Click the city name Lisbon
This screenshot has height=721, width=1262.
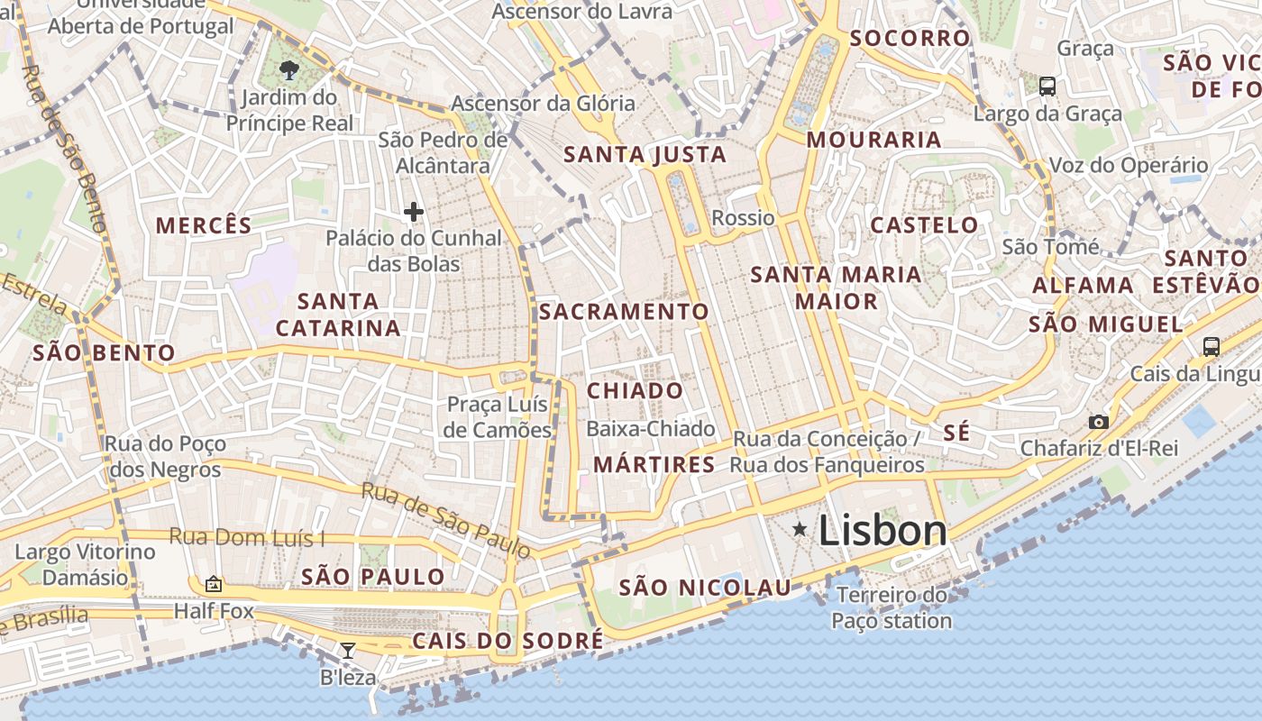pyautogui.click(x=882, y=530)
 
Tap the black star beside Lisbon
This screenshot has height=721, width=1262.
pyautogui.click(x=800, y=530)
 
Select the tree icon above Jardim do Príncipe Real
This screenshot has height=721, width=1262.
pyautogui.click(x=288, y=69)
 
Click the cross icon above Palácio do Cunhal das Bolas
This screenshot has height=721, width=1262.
pyautogui.click(x=414, y=212)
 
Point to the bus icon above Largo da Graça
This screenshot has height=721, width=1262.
pyautogui.click(x=1047, y=87)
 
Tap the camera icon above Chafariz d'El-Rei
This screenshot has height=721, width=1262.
pyautogui.click(x=1098, y=422)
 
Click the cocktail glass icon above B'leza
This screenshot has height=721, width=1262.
pyautogui.click(x=347, y=650)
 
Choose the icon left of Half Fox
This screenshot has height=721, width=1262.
pyautogui.click(x=214, y=585)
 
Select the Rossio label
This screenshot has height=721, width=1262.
pyautogui.click(x=743, y=218)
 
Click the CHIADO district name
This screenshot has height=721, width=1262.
pyautogui.click(x=636, y=391)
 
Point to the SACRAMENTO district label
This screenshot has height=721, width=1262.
pyautogui.click(x=625, y=312)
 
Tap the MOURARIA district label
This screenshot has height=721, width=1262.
pyautogui.click(x=873, y=140)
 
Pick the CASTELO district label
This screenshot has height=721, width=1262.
pyautogui.click(x=924, y=225)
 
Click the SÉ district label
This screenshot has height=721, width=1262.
pyautogui.click(x=957, y=434)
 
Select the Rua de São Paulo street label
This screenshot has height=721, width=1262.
pyautogui.click(x=445, y=519)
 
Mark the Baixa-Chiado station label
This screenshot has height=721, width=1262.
pyautogui.click(x=651, y=429)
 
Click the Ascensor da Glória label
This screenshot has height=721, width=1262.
pyautogui.click(x=543, y=104)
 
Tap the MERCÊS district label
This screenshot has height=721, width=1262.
pyautogui.click(x=204, y=225)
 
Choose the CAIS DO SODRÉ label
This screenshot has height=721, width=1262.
pyautogui.click(x=508, y=641)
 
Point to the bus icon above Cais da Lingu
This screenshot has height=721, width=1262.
pyautogui.click(x=1212, y=346)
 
